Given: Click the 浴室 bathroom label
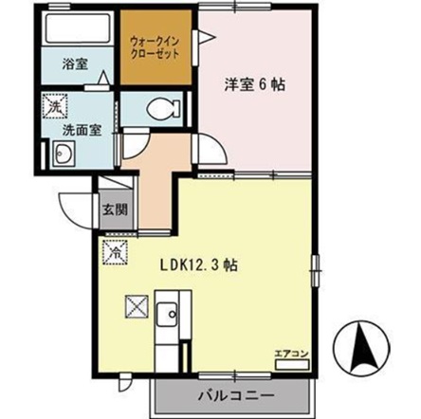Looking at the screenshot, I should [x=75, y=65].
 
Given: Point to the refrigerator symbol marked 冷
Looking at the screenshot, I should [x=115, y=254].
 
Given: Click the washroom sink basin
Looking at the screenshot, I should [x=64, y=155].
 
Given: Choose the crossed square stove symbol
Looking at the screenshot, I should [x=135, y=307].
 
